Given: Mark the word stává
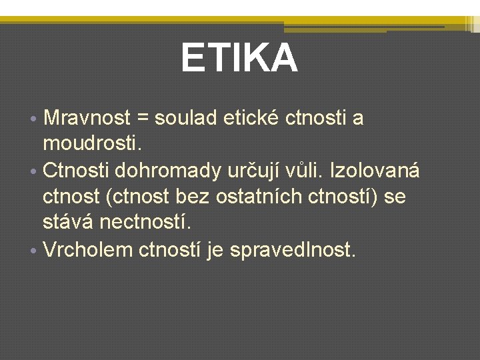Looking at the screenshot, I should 67,223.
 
